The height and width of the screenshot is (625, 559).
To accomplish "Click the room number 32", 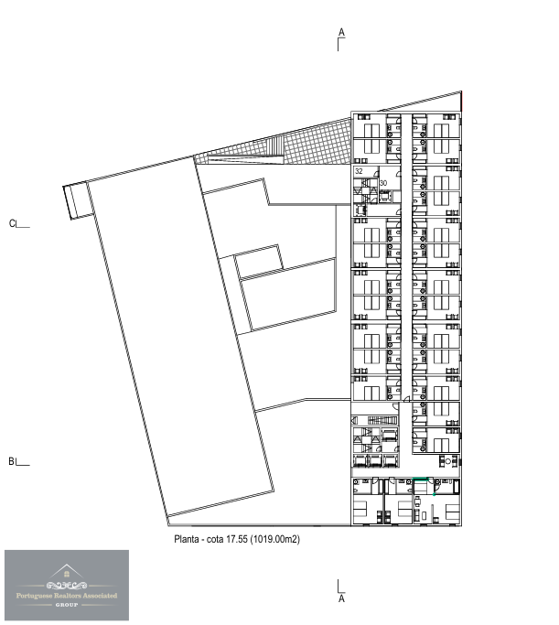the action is (359, 171).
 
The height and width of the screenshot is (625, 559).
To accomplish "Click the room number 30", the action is (383, 183).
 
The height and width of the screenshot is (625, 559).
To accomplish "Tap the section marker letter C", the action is (12, 224).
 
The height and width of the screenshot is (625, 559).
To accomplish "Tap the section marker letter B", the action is (12, 461).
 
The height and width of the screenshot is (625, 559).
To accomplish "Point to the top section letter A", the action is (341, 32).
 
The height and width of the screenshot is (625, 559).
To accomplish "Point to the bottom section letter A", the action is (341, 598).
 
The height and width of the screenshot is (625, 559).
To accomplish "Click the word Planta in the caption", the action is (186, 539).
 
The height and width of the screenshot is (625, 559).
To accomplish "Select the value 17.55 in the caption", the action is (237, 539).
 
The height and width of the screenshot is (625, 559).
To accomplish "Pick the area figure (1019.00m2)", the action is (274, 539).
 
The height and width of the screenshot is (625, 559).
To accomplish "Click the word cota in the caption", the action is (215, 539).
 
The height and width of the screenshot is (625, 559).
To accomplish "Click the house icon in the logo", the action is (67, 574).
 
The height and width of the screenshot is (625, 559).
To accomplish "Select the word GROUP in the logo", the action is (67, 605).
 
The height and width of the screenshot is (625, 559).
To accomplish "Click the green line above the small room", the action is (421, 479).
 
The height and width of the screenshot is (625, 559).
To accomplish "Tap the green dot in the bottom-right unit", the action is (434, 495).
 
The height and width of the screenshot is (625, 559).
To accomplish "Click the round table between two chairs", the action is (447, 461).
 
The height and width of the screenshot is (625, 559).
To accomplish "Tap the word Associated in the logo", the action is (100, 596).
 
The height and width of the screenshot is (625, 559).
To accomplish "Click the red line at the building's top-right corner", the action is (461, 102).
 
